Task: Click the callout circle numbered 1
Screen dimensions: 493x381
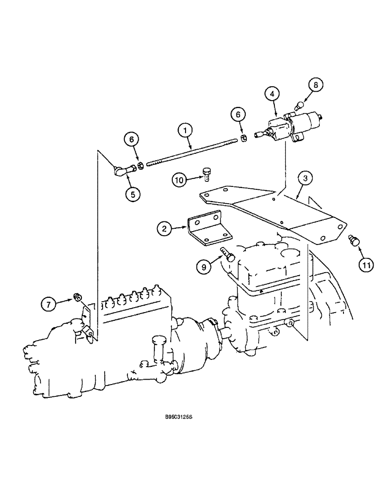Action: pos(185,131)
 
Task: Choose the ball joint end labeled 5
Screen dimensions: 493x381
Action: pos(122,171)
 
